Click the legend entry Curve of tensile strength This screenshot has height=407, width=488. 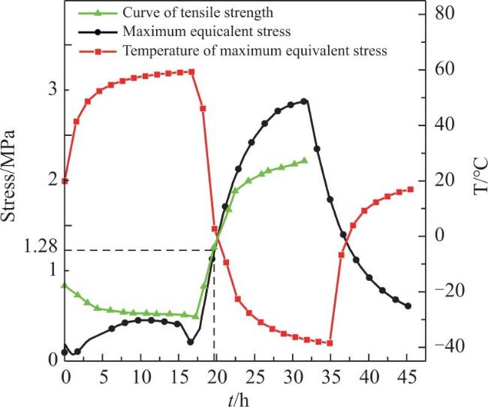[198, 13]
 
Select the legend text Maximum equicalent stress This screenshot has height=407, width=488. [206, 32]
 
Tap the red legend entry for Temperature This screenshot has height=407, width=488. [255, 50]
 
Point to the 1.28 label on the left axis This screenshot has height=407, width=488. [41, 247]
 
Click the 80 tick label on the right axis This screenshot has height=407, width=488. [444, 14]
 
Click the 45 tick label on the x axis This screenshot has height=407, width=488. [406, 378]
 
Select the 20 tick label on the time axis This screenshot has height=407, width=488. [217, 378]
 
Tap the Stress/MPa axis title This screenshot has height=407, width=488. [8, 176]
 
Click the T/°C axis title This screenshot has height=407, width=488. [480, 176]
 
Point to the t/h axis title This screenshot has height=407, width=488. [239, 399]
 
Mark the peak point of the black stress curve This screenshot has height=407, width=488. [304, 101]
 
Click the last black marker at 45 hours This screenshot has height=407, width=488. [408, 306]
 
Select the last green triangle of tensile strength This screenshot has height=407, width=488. [304, 161]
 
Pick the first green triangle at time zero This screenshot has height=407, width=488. [65, 285]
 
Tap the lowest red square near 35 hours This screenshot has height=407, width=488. [330, 343]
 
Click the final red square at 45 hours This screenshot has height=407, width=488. [411, 190]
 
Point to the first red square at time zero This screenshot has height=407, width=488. [65, 181]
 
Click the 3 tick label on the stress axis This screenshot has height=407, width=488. [53, 90]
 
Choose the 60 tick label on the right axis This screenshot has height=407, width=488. [444, 69]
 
